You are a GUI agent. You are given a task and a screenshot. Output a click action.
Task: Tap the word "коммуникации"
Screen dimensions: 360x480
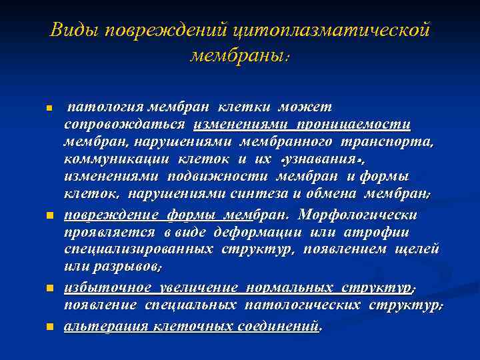[118, 159]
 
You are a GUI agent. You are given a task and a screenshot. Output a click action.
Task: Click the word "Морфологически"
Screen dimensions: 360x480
[359, 215]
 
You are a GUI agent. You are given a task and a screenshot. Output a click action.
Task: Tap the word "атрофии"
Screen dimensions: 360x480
[384, 232]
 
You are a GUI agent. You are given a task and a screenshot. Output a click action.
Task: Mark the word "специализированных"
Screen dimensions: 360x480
[139, 249]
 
